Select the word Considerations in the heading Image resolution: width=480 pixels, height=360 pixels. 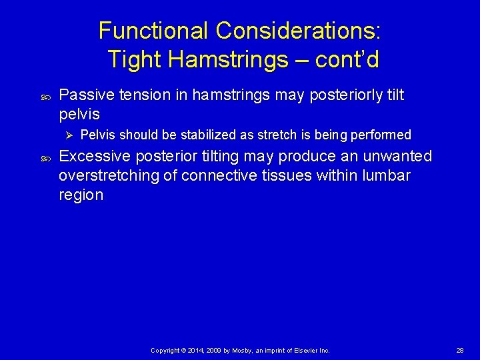(x=297, y=31)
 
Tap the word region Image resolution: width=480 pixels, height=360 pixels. (x=81, y=195)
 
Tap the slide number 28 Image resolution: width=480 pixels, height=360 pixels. (x=460, y=350)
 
